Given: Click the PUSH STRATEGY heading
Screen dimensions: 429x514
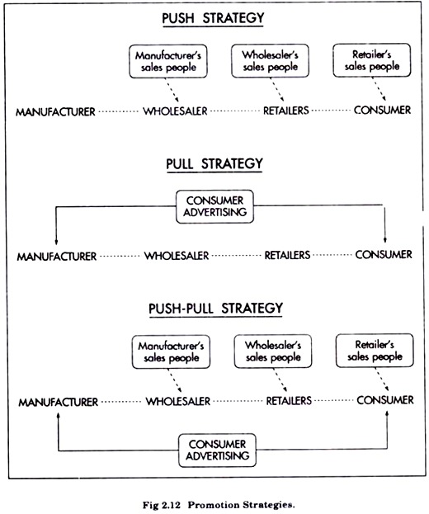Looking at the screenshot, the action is pos(213,18).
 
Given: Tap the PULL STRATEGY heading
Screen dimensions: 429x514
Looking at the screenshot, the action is pos(214,163).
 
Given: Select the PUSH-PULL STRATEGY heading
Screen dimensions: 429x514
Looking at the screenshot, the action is pos(215,309).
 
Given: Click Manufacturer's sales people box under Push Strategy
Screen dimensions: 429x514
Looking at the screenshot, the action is pos(168,62).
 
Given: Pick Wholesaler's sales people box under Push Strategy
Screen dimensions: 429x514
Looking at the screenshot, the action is pos(270,61).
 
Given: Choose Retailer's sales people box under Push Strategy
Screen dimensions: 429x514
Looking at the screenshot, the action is pos(371,60).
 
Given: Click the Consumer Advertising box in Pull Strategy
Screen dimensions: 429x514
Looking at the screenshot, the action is pos(214,206).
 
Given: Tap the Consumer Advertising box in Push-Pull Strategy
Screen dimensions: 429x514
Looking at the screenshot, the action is pos(217,450).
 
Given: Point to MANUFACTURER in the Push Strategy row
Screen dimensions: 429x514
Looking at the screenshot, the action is pos(55,112).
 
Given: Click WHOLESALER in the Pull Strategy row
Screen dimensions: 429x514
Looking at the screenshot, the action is pos(177,256).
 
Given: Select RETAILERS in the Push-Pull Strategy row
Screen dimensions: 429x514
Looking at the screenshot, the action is pos(289,401).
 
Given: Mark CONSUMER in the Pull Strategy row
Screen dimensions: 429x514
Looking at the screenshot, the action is pos(384,254).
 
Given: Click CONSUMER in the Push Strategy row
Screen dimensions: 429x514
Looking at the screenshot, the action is pos(382,111).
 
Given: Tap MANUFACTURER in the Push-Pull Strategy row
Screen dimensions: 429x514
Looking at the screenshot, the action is pos(58,403).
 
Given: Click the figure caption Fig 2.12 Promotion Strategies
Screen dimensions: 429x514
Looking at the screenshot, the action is pos(219,505).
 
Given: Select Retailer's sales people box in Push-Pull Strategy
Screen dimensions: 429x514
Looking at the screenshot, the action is pos(375,351).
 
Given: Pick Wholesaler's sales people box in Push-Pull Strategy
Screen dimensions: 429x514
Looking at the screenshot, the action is pos(273,351).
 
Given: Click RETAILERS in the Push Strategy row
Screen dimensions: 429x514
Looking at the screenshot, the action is pos(285,111).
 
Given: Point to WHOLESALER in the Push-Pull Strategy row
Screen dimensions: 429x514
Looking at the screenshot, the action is pos(178,401).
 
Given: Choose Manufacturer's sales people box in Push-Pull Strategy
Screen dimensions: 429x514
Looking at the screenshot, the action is pos(171,351).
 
